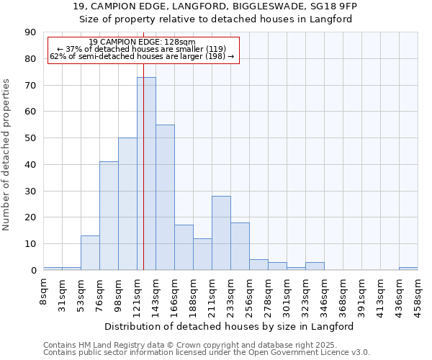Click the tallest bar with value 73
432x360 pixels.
click(146, 174)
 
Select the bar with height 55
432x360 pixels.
click(165, 197)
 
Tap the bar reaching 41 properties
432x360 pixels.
click(109, 216)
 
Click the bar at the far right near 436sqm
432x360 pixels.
click(408, 269)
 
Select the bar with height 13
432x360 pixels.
click(90, 253)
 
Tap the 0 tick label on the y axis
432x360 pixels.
click(33, 271)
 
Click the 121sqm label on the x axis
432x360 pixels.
click(137, 293)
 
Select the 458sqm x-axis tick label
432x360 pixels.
click(418, 293)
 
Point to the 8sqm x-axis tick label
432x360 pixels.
click(43, 290)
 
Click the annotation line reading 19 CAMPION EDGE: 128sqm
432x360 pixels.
click(143, 42)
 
